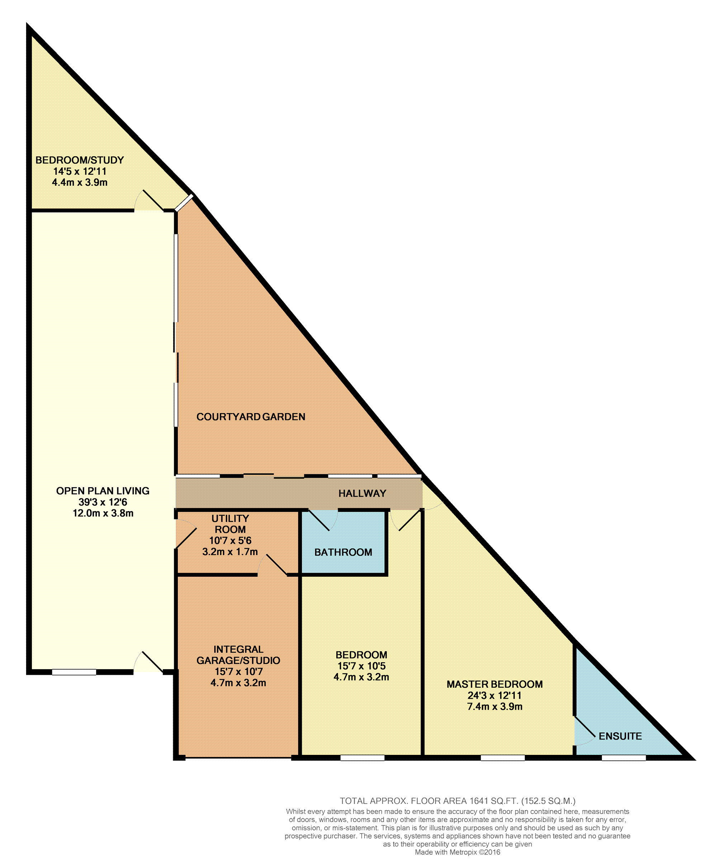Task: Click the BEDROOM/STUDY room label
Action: pyautogui.click(x=80, y=160)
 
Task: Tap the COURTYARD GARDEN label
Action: pyautogui.click(x=251, y=417)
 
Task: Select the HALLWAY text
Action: pyautogui.click(x=362, y=493)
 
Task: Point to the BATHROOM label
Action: pyautogui.click(x=343, y=552)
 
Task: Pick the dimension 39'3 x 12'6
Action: pyautogui.click(x=103, y=502)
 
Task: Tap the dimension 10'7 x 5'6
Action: pyautogui.click(x=230, y=541)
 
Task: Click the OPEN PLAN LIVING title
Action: pyautogui.click(x=103, y=491)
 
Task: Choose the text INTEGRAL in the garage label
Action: pyautogui.click(x=238, y=650)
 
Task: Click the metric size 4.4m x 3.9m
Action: pyautogui.click(x=80, y=182)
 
